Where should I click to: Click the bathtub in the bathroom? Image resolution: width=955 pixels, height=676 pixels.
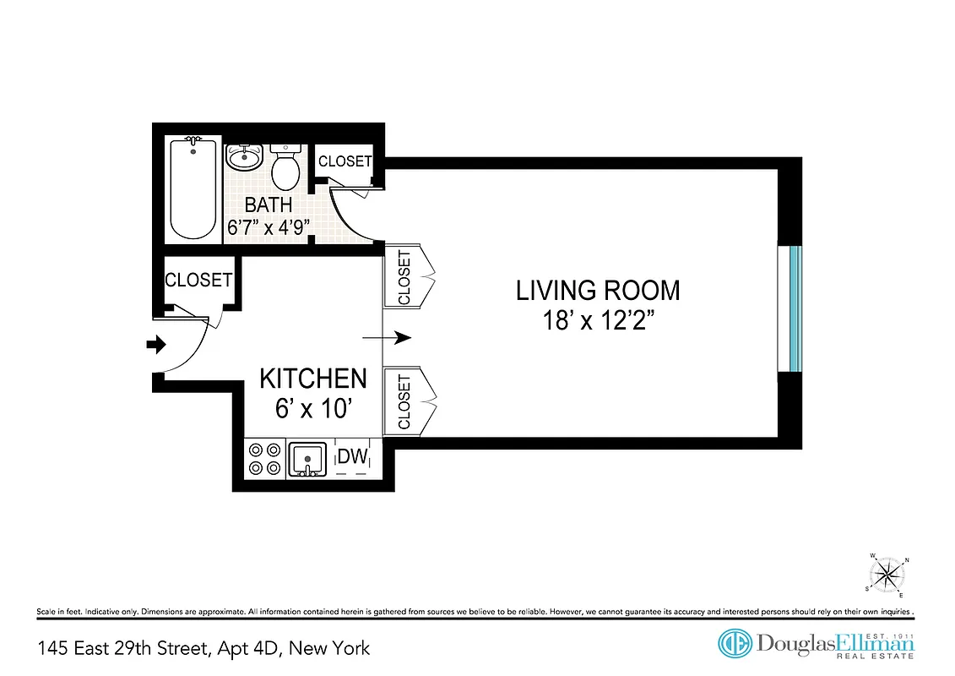pos(193,189)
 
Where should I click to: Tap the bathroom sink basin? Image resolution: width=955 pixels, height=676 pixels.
pos(246,157)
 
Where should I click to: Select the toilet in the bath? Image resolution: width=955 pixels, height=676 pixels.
pos(285,167)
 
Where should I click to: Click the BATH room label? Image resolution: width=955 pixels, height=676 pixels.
pos(269,204)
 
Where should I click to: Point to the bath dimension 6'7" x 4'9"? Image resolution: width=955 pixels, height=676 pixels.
pos(269,226)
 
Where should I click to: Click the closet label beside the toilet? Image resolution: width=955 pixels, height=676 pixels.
pos(345,161)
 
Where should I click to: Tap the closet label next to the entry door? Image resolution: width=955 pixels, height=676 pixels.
pos(198,280)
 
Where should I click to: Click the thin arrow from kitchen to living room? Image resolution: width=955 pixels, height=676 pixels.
pos(386,338)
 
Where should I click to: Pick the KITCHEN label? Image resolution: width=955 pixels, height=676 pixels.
pos(312,379)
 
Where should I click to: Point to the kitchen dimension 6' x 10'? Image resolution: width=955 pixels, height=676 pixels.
pos(312,409)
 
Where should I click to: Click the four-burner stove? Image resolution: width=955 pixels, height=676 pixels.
pos(263,459)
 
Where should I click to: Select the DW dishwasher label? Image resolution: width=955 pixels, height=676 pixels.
pos(352,457)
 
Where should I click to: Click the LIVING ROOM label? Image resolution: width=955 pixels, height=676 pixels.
pos(598,291)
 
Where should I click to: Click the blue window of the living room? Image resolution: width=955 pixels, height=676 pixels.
pos(794,308)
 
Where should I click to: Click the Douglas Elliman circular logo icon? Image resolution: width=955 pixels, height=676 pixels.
pos(734,644)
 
